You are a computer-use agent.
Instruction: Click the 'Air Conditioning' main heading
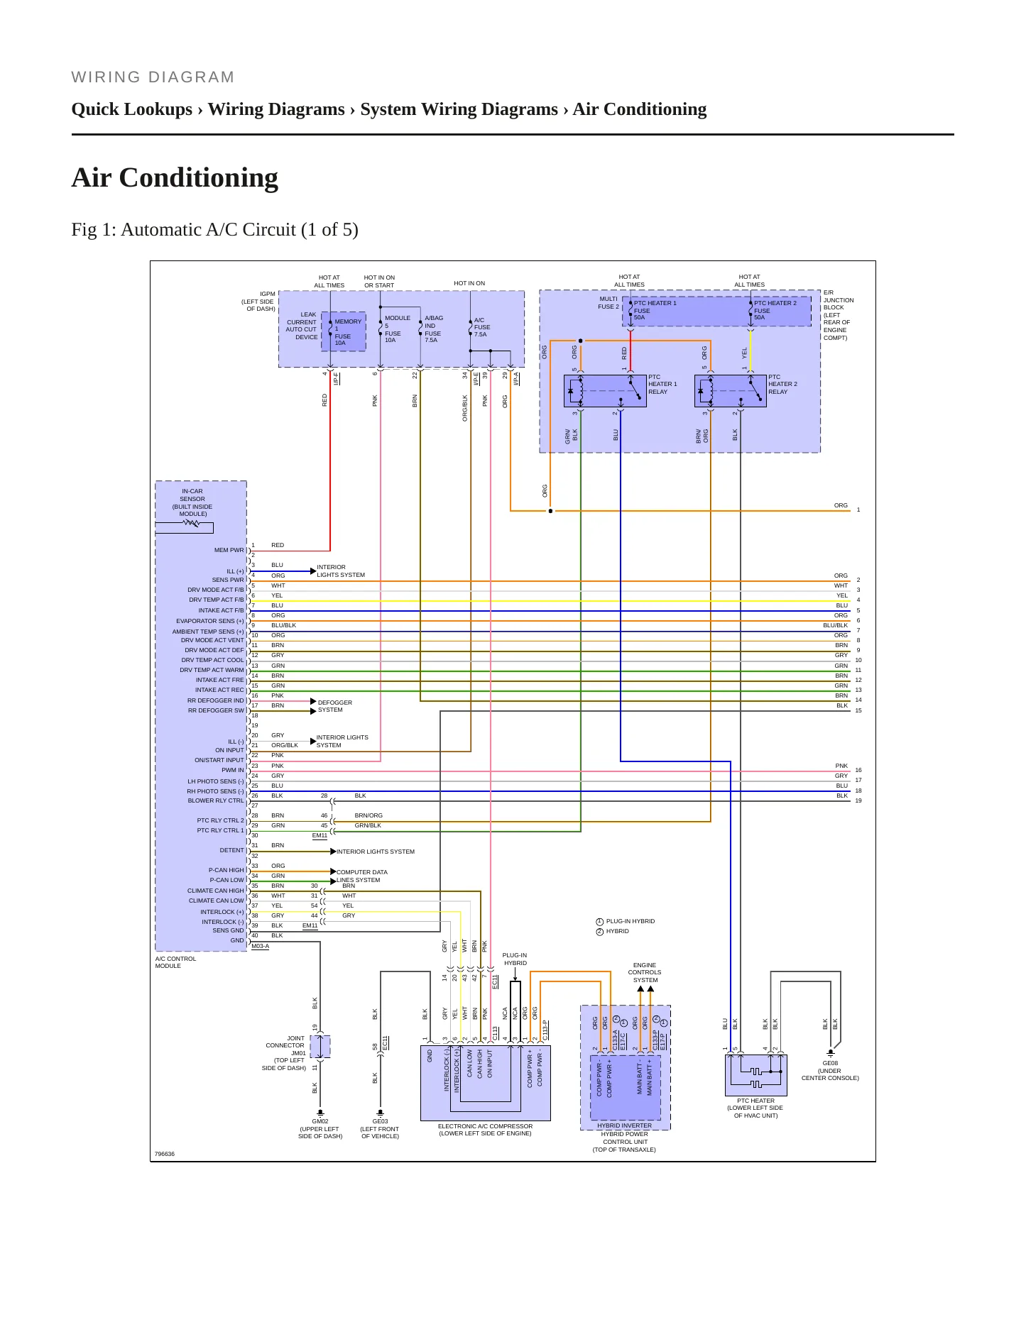(175, 177)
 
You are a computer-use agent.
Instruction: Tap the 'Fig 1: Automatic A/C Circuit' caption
(214, 230)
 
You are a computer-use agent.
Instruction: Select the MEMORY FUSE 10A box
(344, 331)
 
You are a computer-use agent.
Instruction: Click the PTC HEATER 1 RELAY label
(662, 385)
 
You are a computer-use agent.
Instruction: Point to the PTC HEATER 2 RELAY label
(782, 385)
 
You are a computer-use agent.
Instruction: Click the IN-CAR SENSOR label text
(192, 502)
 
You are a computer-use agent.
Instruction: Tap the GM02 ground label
(320, 1129)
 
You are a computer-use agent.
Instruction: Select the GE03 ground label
(380, 1129)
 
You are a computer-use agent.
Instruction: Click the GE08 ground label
(830, 1071)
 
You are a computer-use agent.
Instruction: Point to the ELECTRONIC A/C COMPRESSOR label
(485, 1130)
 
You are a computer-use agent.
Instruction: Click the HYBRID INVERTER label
(624, 1125)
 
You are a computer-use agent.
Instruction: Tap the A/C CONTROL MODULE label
(175, 962)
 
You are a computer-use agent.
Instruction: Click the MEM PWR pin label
(229, 550)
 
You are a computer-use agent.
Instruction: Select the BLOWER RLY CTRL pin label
(216, 800)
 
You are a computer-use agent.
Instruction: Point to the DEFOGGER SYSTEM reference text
(335, 706)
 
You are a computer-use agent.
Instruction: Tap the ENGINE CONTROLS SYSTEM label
(645, 972)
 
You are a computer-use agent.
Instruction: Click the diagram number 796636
(165, 1154)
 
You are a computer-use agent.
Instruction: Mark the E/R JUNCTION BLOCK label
(839, 315)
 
